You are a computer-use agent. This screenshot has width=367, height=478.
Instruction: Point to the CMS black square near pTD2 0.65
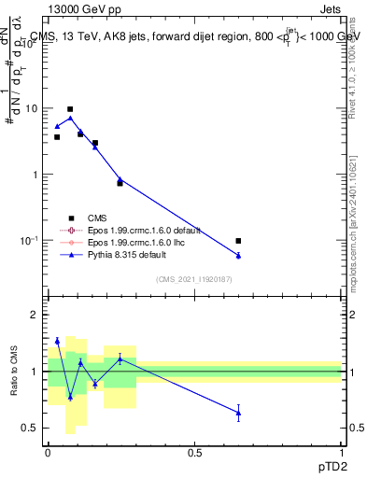click(x=238, y=241)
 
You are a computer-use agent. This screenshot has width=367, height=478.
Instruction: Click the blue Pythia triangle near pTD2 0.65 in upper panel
click(x=238, y=255)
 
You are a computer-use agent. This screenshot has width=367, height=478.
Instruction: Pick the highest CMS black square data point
click(x=70, y=109)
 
